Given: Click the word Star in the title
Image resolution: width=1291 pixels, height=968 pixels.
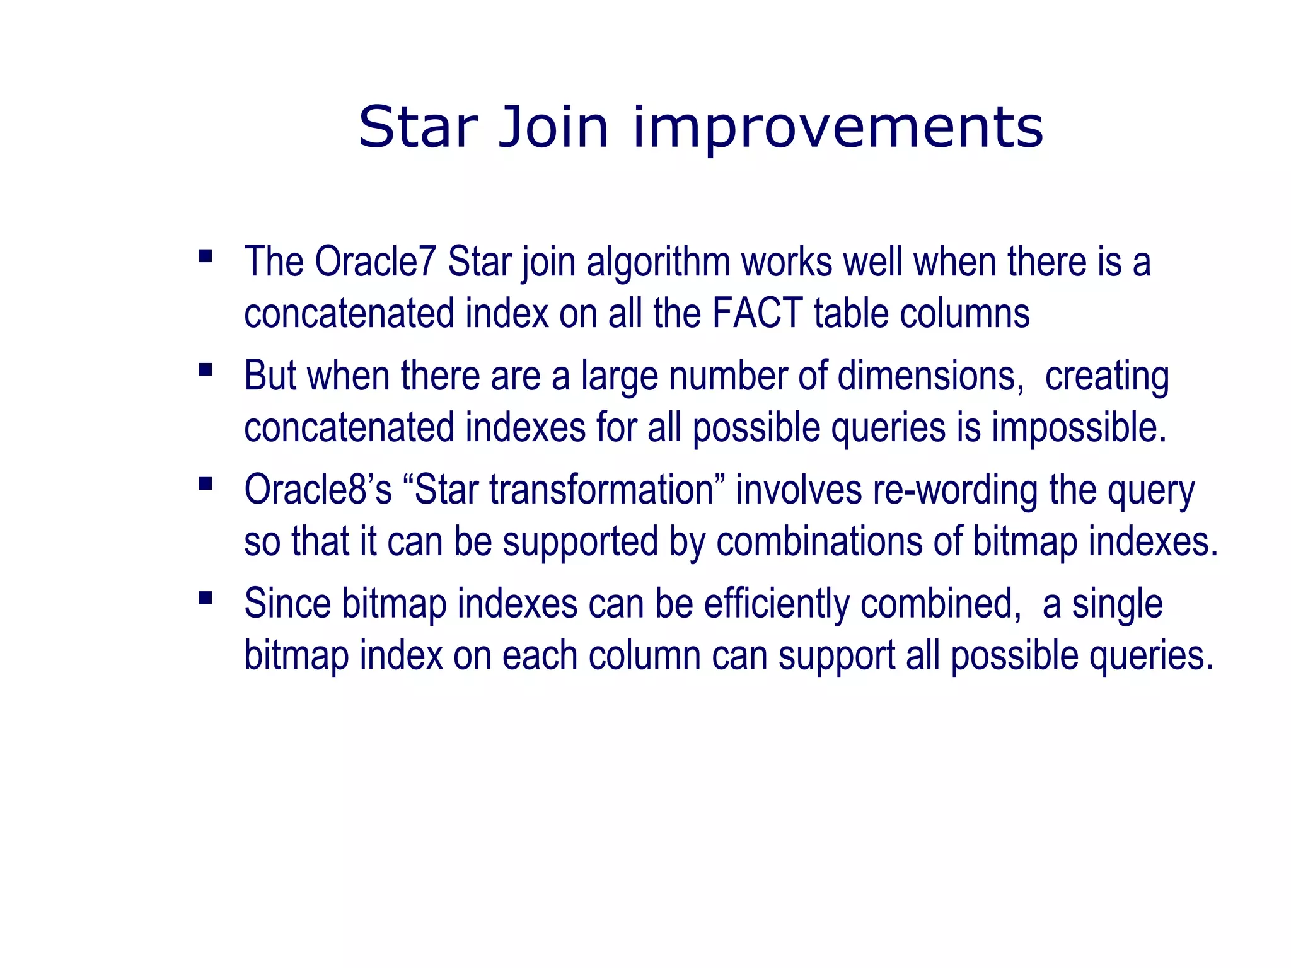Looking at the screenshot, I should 418,127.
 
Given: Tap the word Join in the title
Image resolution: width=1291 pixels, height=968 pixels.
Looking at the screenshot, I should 553,127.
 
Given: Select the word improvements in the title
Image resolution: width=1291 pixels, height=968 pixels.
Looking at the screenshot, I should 838,130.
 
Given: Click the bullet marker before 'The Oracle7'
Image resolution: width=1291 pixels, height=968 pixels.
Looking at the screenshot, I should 205,256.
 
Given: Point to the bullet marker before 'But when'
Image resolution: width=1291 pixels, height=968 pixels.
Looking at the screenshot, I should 205,370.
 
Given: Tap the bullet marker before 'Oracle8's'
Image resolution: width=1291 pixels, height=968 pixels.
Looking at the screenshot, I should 205,484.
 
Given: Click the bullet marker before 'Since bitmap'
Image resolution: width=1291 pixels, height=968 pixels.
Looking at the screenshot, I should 205,597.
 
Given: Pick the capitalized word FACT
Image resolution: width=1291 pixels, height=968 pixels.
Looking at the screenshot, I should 757,314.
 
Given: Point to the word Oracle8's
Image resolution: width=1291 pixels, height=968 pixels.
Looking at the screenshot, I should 318,490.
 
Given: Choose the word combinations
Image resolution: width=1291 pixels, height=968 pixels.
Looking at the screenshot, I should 819,542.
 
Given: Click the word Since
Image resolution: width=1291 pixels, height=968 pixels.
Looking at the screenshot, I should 287,604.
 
